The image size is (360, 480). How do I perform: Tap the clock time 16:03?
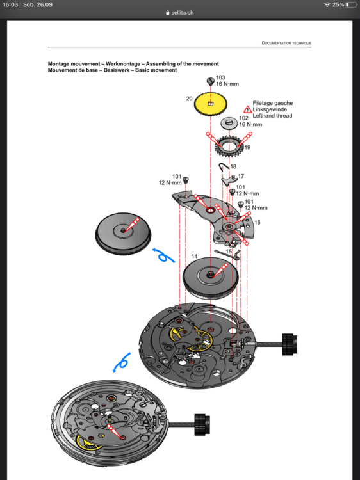[x=11, y=4]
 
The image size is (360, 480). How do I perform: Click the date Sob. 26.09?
[x=38, y=4]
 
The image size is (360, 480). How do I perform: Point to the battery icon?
[x=350, y=4]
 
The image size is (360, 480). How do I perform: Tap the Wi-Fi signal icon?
[x=327, y=4]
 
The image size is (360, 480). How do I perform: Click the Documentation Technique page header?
[x=286, y=43]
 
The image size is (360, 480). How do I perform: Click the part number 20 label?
[x=189, y=99]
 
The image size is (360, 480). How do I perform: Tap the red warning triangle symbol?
[x=247, y=110]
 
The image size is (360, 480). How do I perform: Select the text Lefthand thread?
[x=273, y=116]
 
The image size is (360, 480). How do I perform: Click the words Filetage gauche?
[x=273, y=103]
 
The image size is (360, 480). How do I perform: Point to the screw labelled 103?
[x=210, y=81]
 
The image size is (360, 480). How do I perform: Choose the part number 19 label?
[x=247, y=148]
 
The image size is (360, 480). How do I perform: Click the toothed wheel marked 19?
[x=228, y=148]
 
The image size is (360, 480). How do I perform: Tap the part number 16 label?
[x=258, y=222]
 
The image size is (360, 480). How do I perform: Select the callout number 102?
[x=243, y=118]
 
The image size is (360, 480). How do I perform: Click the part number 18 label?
[x=233, y=166]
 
